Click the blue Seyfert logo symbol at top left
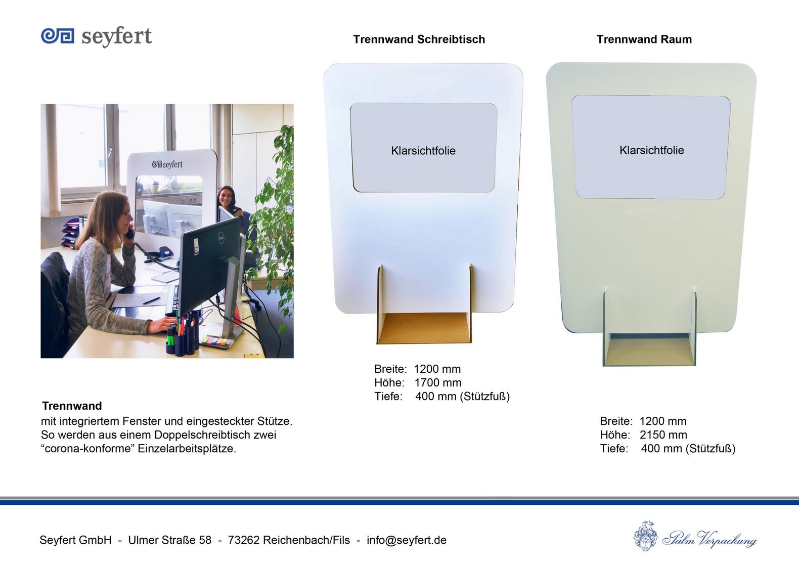(x=58, y=36)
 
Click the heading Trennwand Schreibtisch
(x=419, y=39)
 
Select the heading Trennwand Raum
(x=644, y=39)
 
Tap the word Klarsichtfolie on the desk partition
(x=423, y=151)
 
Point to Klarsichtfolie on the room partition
(x=651, y=150)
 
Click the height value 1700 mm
(x=437, y=383)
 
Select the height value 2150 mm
(x=663, y=435)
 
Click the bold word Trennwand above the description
(x=72, y=406)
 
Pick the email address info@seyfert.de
(x=406, y=540)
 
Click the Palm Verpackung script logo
(x=695, y=536)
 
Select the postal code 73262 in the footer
(x=244, y=540)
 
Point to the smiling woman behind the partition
(x=227, y=200)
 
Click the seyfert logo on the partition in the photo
(x=167, y=164)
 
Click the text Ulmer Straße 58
(x=170, y=540)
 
